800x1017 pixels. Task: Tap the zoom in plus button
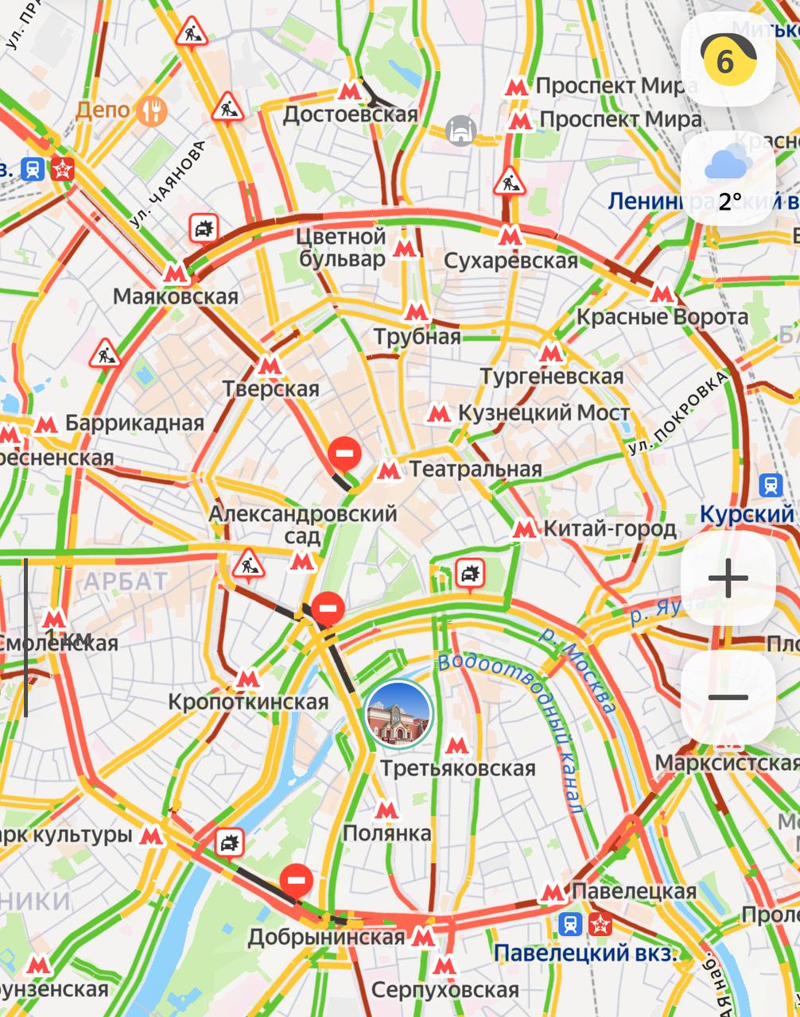click(728, 578)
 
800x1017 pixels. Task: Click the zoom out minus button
click(728, 698)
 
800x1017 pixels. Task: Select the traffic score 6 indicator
click(728, 59)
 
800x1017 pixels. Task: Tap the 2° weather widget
click(728, 178)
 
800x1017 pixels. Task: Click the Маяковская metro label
click(176, 297)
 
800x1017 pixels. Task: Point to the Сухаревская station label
click(511, 261)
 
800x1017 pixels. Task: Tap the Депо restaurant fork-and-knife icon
click(151, 110)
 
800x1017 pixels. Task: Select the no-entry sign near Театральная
click(346, 452)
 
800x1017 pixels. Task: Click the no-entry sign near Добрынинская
click(297, 880)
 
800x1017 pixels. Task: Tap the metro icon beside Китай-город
click(523, 528)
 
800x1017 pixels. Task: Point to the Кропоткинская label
click(248, 702)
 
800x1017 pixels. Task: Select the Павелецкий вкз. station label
click(585, 953)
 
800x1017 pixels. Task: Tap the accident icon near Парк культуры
click(229, 842)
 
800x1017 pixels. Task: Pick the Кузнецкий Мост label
click(543, 413)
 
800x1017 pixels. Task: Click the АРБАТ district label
click(126, 581)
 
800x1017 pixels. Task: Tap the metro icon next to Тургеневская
click(550, 353)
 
